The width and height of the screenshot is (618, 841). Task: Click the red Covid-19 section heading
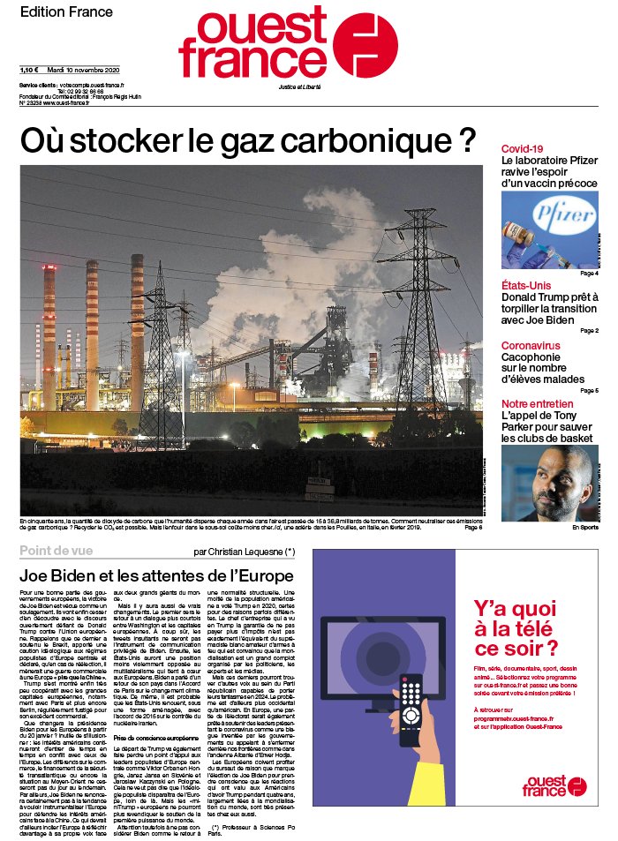[x=522, y=149]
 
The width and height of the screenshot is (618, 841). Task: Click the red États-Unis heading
[x=526, y=285]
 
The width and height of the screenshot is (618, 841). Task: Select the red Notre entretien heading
[x=537, y=404]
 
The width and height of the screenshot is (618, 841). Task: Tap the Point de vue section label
[x=58, y=552]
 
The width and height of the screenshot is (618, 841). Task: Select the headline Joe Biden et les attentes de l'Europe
[x=155, y=575]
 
